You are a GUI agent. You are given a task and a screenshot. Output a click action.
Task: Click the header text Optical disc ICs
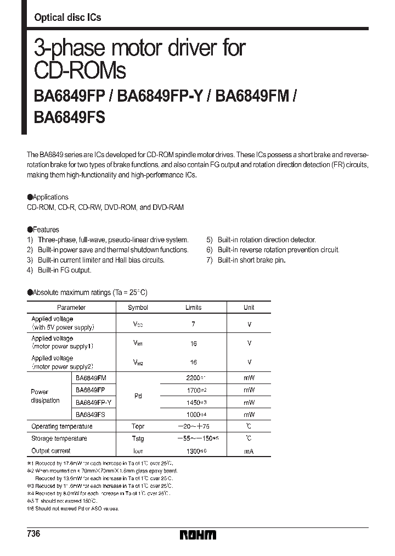pyautogui.click(x=67, y=18)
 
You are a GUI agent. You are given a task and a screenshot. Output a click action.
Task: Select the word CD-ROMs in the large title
pyautogui.click(x=80, y=71)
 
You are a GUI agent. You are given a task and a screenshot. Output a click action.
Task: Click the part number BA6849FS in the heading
pyautogui.click(x=70, y=118)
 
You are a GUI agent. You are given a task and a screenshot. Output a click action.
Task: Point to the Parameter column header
pyautogui.click(x=71, y=308)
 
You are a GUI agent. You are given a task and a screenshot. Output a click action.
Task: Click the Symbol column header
pyautogui.click(x=138, y=308)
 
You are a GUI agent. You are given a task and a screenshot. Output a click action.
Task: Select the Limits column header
pyautogui.click(x=193, y=308)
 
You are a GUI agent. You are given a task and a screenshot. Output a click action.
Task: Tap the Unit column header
pyautogui.click(x=249, y=308)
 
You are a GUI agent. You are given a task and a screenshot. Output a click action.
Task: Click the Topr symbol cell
pyautogui.click(x=138, y=426)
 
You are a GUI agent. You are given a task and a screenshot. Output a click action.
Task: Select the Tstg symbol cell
pyautogui.click(x=138, y=438)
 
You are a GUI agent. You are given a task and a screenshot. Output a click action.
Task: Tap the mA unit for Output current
pyautogui.click(x=249, y=451)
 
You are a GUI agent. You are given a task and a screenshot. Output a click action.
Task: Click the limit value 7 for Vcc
pyautogui.click(x=193, y=325)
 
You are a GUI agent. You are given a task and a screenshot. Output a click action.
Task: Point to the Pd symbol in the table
pyautogui.click(x=138, y=396)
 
